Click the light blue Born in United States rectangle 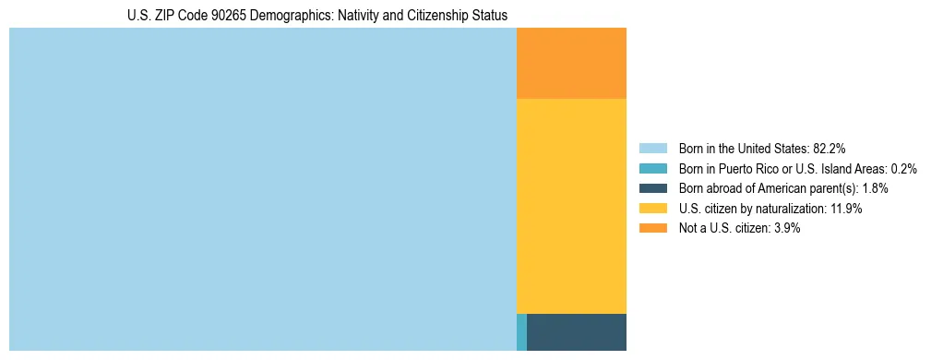pyautogui.click(x=262, y=189)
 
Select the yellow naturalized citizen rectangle pyautogui.click(x=571, y=206)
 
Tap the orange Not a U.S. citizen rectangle pyautogui.click(x=571, y=63)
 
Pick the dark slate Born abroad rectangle pyautogui.click(x=577, y=332)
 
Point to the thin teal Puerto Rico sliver pyautogui.click(x=521, y=332)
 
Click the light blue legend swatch pyautogui.click(x=652, y=148)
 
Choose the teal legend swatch pyautogui.click(x=652, y=168)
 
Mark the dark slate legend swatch pyautogui.click(x=652, y=188)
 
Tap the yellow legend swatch pyautogui.click(x=652, y=209)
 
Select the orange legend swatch pyautogui.click(x=652, y=229)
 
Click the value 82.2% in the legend pyautogui.click(x=829, y=148)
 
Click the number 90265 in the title pyautogui.click(x=227, y=16)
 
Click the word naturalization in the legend pyautogui.click(x=781, y=209)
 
